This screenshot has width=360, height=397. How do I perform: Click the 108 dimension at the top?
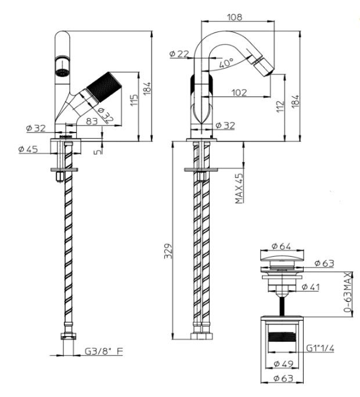235,17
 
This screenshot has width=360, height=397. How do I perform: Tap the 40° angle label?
226,63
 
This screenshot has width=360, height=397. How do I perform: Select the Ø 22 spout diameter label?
179,53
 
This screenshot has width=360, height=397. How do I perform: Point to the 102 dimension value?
239,92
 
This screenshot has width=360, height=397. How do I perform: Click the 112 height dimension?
280,106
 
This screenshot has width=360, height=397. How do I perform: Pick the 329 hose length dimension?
168,251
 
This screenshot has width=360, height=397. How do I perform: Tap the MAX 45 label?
239,188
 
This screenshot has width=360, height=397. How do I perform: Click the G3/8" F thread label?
104,351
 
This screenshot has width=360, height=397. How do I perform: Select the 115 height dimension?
134,100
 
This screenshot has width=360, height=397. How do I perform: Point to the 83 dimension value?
92,121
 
